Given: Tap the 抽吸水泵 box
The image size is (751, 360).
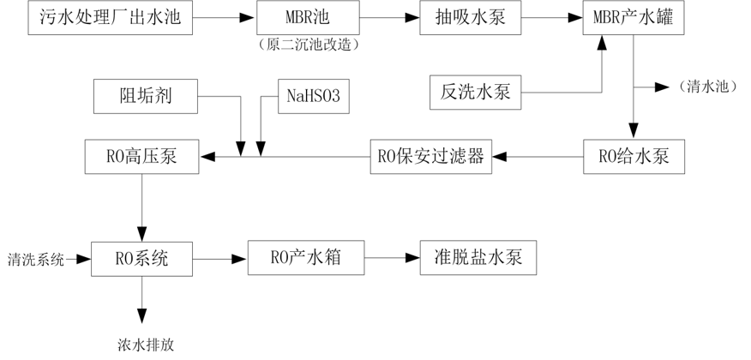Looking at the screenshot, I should tap(471, 16).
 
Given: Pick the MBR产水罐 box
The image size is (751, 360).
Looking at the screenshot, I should tap(634, 16).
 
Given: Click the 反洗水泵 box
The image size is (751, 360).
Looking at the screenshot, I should tap(476, 92).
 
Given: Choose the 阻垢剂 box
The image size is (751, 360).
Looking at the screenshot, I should tap(146, 95).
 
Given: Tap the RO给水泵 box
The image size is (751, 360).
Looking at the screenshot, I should tap(634, 157).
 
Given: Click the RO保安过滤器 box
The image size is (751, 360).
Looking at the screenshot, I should tap(431, 157).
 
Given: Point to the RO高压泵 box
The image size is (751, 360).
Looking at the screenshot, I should tap(142, 157).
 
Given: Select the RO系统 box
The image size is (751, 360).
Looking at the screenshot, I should tap(142, 257).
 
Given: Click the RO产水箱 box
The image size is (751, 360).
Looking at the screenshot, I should tap(306, 257).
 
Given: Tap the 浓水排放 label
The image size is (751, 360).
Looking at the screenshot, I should tap(147, 345).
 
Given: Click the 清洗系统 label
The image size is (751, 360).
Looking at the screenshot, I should tap(35, 258).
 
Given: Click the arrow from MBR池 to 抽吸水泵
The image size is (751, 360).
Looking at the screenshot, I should tap(387, 16).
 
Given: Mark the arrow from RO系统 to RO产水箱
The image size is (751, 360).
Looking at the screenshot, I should tap(220, 257).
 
